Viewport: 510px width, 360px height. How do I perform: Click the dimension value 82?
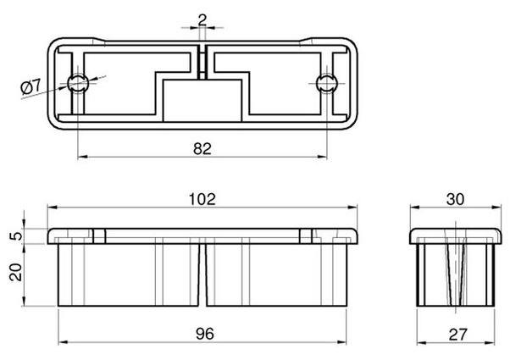[x=202, y=148]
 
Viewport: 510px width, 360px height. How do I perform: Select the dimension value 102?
[x=202, y=199]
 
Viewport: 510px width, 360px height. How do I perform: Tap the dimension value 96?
[x=205, y=334]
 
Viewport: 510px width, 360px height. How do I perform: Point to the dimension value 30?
[x=456, y=199]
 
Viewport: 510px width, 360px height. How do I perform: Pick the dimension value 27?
[x=457, y=335]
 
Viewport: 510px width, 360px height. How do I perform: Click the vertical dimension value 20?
[x=15, y=272]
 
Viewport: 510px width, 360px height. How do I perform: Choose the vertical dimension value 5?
[x=16, y=235]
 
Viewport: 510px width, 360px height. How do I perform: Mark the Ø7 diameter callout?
[x=30, y=87]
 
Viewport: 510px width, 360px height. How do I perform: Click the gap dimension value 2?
[x=202, y=20]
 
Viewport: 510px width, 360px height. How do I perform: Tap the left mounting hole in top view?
[x=78, y=84]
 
